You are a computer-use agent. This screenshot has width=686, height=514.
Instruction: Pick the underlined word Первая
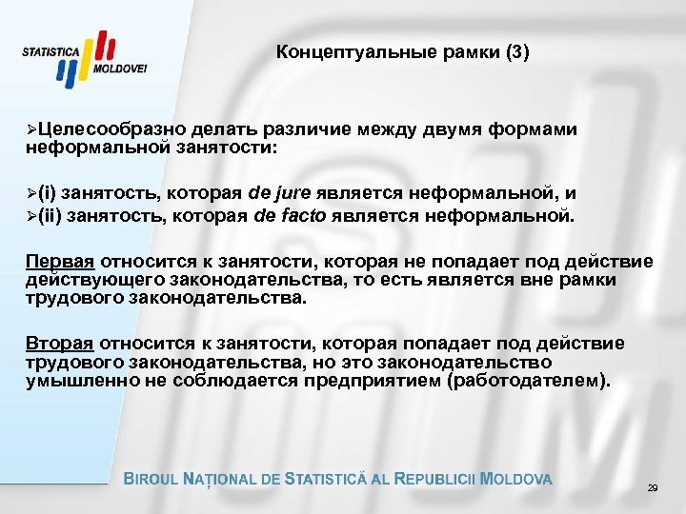click(54, 262)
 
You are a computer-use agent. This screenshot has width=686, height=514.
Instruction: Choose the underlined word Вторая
click(54, 343)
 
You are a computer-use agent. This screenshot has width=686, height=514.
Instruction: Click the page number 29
click(653, 487)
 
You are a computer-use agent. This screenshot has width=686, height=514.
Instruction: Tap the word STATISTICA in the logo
click(50, 54)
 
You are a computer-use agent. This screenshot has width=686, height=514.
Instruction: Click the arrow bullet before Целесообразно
click(31, 130)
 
